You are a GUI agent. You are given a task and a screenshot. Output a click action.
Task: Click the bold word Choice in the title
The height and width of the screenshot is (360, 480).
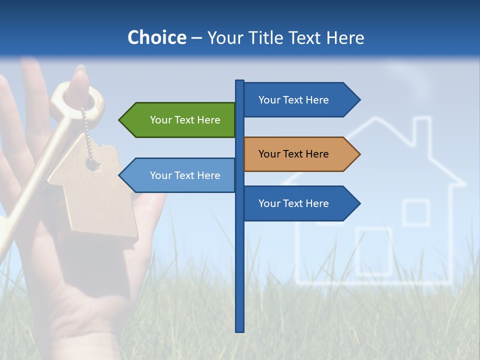coord(156,38)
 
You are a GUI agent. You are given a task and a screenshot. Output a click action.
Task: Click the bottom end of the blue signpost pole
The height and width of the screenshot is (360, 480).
coord(240,330)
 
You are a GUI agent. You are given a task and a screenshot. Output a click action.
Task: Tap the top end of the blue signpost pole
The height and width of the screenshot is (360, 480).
coord(240,81)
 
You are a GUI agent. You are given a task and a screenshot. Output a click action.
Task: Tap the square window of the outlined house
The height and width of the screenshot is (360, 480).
coord(416,212)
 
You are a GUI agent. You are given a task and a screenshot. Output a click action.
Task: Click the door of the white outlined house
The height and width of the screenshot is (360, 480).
coord(374,252)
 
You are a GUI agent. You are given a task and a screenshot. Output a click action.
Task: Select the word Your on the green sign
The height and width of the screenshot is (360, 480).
coord(161,120)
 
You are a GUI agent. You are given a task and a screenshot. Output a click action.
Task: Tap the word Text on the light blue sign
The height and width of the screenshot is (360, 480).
coord(185,175)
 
